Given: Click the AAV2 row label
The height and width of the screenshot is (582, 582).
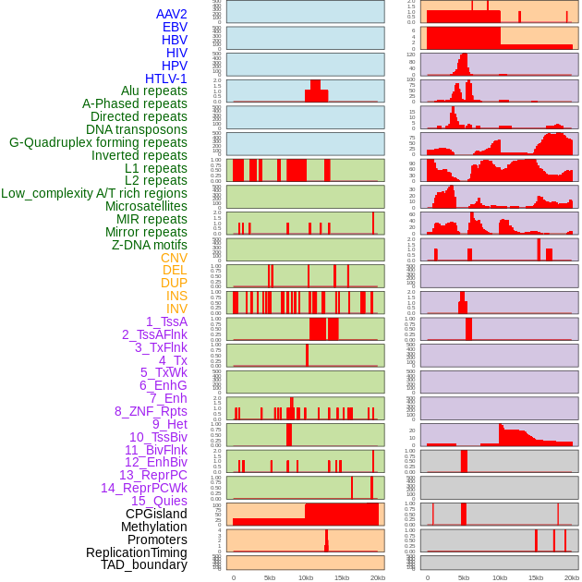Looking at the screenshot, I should tap(171, 14).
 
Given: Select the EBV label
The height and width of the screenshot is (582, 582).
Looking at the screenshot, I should tap(175, 27).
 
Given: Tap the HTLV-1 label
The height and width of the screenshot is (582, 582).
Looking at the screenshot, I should tap(166, 79).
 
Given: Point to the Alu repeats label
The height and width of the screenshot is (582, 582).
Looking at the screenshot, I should tap(154, 91).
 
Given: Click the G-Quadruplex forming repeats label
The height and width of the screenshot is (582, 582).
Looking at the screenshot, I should tap(98, 142).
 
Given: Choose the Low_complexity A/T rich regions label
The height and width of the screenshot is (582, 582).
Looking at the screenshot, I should tap(94, 193).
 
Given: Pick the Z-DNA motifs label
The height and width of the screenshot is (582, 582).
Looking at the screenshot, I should tap(150, 245).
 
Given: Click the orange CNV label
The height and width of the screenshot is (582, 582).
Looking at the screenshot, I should tap(174, 258).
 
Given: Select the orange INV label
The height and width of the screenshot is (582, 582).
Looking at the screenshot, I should tap(176, 309).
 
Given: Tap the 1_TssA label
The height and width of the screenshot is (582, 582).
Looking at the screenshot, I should tap(166, 321).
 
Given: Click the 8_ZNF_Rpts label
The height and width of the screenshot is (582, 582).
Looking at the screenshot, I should tap(151, 411).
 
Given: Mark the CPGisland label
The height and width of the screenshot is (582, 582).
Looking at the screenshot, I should tap(156, 514).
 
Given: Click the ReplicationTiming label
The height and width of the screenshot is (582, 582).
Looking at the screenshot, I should tap(137, 552).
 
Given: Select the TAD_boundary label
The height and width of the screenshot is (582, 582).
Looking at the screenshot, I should tap(144, 564).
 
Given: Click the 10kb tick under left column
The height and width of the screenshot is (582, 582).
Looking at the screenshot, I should tap(306, 577).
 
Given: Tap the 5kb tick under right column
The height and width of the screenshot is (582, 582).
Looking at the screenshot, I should tap(464, 577).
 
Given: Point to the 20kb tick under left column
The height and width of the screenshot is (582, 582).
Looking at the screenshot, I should tap(378, 577).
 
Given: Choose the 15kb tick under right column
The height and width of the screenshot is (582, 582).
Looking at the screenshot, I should tap(536, 577).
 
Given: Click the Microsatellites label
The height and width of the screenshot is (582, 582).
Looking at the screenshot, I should tap(146, 206).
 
